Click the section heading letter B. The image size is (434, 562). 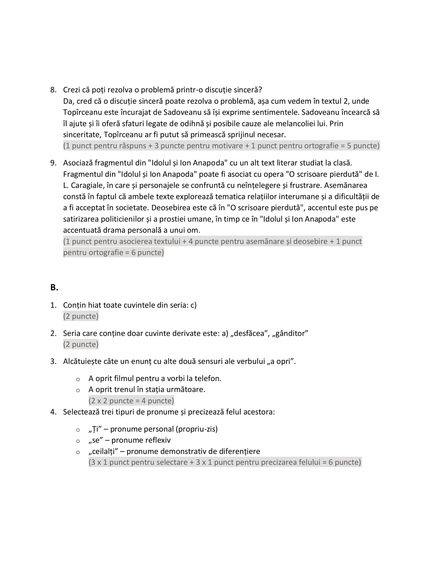[x=54, y=287]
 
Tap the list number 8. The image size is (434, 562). [x=53, y=90]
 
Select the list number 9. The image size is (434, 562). [x=53, y=163]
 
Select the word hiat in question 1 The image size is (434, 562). [x=95, y=305]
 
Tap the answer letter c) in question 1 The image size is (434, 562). [x=193, y=305]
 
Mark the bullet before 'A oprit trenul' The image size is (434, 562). [x=78, y=390]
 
